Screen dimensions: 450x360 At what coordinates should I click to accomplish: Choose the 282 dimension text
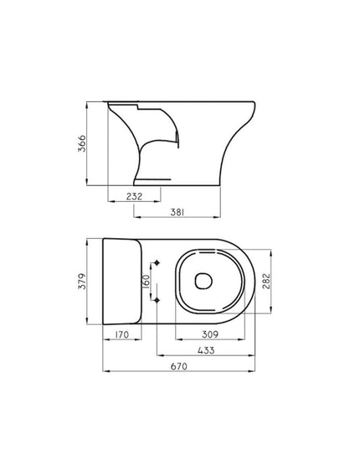pos(265,282)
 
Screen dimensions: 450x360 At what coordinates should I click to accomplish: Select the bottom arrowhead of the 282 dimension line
pos(272,315)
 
